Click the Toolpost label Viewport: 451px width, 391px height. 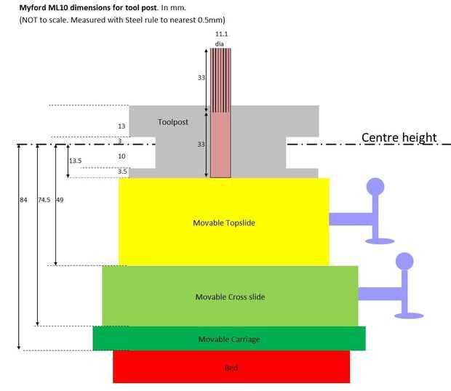click(173, 122)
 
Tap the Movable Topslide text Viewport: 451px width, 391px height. click(224, 223)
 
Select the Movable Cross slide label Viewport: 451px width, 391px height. click(230, 297)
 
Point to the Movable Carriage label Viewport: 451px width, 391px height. click(229, 339)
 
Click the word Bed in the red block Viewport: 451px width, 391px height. click(231, 368)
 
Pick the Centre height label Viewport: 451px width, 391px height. click(399, 137)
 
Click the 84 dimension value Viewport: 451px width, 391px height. click(23, 200)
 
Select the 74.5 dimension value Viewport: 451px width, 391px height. click(44, 200)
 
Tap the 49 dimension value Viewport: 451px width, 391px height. click(60, 200)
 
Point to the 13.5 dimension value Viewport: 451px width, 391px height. click(76, 161)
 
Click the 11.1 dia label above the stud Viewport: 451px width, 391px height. click(221, 39)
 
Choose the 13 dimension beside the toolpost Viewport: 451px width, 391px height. click(121, 126)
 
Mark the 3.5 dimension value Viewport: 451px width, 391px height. click(122, 172)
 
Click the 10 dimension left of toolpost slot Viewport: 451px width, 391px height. click(121, 156)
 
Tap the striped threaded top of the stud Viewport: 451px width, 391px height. click(220, 80)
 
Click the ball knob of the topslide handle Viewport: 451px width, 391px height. click(375, 187)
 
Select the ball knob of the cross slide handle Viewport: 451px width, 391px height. click(404, 262)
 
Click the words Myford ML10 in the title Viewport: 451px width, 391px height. click(44, 7)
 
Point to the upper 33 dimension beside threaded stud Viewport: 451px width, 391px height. click(201, 78)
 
